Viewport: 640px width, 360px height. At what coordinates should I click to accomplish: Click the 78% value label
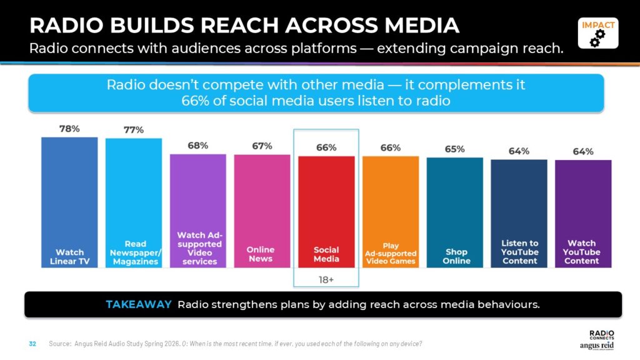point(69,129)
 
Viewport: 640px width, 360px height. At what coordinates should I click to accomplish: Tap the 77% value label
point(134,130)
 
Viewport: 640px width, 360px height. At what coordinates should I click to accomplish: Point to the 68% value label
point(198,146)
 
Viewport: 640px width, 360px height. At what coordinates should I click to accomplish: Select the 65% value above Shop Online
point(455,149)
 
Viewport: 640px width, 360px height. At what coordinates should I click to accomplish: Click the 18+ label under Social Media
point(326,279)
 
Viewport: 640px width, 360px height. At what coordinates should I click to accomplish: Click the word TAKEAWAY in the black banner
point(139,304)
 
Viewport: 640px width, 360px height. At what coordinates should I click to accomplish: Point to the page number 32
point(33,344)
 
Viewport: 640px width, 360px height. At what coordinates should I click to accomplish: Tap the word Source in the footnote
point(59,344)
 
